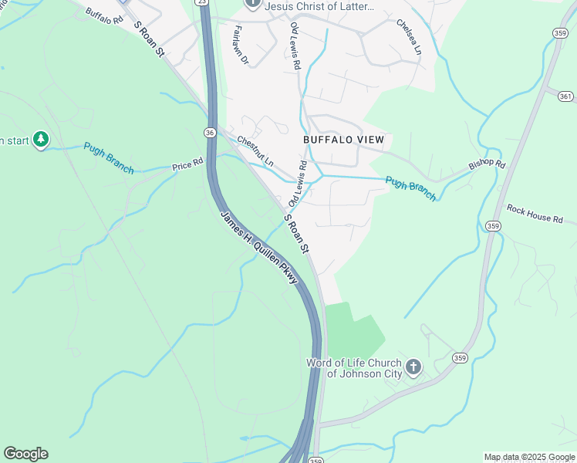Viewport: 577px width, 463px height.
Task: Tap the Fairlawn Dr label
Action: pos(239,44)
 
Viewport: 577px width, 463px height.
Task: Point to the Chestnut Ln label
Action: pos(255,152)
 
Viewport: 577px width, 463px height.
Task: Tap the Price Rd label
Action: pos(187,165)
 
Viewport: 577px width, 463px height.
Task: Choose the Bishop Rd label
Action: pos(487,166)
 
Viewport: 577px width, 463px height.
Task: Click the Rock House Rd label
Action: pos(535,214)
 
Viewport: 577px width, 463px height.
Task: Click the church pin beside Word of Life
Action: pos(413,367)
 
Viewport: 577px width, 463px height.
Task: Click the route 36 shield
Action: pos(210,133)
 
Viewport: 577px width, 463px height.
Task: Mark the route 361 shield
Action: pos(567,96)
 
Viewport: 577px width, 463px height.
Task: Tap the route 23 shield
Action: pos(202,2)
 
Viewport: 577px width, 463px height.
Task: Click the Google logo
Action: pos(25,454)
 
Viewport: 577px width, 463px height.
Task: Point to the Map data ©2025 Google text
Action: pos(529,457)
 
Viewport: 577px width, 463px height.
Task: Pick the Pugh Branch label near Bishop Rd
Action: pos(411,188)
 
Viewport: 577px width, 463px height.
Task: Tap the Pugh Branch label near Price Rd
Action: pos(108,158)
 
